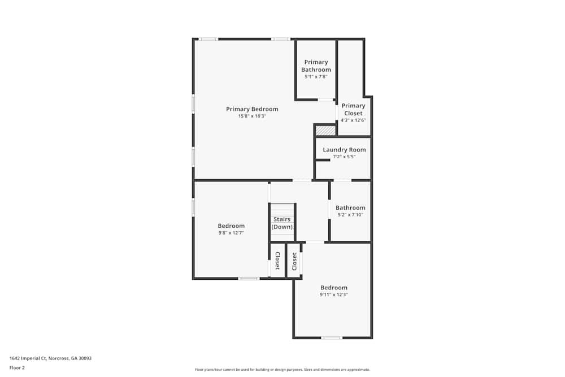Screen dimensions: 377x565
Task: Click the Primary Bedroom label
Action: [x=252, y=109]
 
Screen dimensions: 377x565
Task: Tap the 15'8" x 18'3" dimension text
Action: [x=252, y=116]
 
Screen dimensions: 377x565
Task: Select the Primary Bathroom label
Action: [x=316, y=66]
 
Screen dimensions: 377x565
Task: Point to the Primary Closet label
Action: [x=353, y=109]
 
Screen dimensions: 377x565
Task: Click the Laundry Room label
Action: [x=344, y=150]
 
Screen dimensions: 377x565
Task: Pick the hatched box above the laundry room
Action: [x=325, y=131]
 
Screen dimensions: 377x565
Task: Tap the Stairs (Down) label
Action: [x=282, y=223]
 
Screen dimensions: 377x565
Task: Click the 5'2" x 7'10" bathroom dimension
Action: [x=350, y=215]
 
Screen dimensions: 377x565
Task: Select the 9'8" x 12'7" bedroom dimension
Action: [x=231, y=233]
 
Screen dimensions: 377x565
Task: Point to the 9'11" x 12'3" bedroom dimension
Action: [x=334, y=294]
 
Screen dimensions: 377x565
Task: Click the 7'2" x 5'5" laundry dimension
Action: [x=344, y=157]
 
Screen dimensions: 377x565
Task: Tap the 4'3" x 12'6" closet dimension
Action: [x=353, y=120]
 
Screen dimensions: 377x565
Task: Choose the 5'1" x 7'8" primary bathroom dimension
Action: [x=316, y=76]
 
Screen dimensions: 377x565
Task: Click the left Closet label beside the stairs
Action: [x=277, y=261]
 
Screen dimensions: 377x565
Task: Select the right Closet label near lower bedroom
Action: [x=294, y=261]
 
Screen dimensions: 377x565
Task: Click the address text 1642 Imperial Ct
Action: [x=50, y=358]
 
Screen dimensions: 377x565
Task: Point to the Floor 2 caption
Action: [x=17, y=367]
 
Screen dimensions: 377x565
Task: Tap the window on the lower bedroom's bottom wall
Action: [x=332, y=338]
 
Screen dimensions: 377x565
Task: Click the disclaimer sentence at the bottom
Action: [x=282, y=370]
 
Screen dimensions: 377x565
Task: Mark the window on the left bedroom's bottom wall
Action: [x=249, y=278]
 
